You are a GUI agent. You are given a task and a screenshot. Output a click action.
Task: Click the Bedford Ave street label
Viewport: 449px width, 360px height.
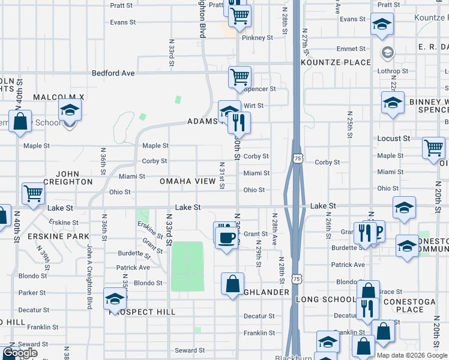coord(113,73)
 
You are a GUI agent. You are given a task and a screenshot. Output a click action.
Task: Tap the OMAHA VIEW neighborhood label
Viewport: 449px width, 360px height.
coord(187,181)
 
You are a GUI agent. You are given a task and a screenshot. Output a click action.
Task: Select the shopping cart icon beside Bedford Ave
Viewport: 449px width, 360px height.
coord(240,77)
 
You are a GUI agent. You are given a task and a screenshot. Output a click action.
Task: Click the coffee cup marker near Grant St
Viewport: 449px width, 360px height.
coord(226,238)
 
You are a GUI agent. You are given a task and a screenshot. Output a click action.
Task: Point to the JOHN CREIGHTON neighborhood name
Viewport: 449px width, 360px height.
coord(68,177)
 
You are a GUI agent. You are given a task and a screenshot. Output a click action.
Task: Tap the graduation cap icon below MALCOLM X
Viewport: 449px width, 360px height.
coord(70,110)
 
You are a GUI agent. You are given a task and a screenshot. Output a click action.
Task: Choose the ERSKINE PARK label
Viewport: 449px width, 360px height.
coord(50,236)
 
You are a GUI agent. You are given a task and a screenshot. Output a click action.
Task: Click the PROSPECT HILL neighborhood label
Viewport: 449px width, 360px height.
coord(142,312)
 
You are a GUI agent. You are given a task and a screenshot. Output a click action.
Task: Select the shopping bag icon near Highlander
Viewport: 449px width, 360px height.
coord(232,284)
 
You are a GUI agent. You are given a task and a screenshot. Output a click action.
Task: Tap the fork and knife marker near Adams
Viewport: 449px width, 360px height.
coord(239,123)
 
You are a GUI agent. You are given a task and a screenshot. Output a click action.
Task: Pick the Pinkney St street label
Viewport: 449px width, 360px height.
coord(257,37)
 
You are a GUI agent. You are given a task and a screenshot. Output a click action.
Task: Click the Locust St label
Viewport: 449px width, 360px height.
coord(394,139)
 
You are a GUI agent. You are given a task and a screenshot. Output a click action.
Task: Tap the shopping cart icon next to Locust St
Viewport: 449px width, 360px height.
coord(433,148)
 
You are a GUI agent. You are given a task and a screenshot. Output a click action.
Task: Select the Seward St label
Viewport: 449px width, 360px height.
coord(190,350)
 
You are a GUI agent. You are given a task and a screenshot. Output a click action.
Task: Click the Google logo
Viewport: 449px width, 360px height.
coord(20,353)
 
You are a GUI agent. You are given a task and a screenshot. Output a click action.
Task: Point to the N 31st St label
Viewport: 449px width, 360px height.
coord(222,175)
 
